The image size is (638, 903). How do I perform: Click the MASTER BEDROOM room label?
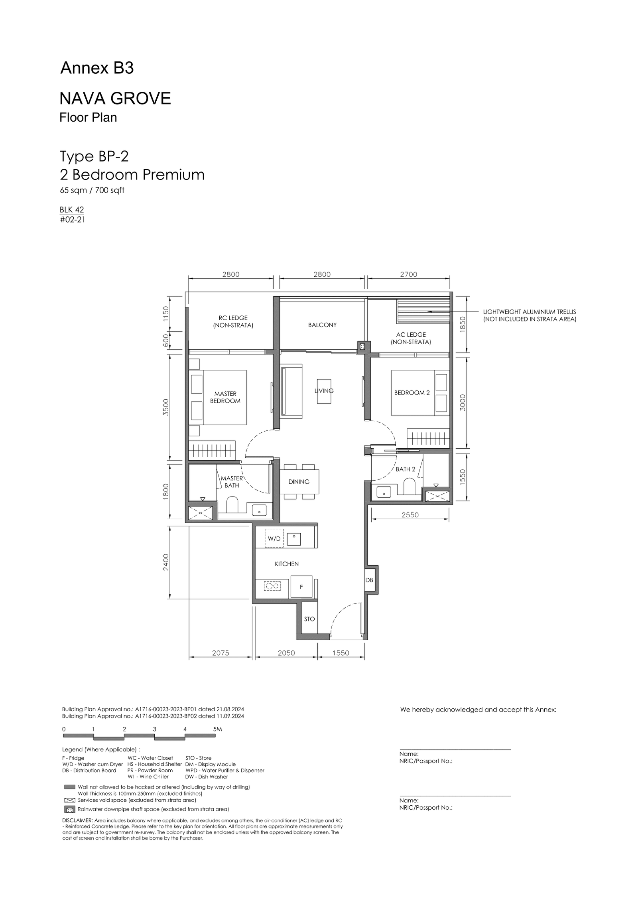click(x=225, y=397)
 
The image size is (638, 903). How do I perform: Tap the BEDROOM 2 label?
click(x=412, y=392)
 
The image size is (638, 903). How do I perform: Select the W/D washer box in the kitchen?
click(x=274, y=538)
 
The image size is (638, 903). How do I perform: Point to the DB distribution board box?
click(x=369, y=580)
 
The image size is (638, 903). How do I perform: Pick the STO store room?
click(x=309, y=619)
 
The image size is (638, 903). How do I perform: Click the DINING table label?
click(x=299, y=482)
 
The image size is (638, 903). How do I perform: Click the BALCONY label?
click(x=322, y=325)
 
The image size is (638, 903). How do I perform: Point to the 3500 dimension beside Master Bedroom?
click(x=166, y=407)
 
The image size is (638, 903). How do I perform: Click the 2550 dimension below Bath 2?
click(x=410, y=515)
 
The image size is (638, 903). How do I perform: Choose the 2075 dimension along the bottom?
click(x=221, y=653)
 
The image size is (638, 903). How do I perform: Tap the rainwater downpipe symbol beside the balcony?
click(x=362, y=347)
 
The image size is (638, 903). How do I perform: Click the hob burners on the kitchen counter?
click(x=272, y=586)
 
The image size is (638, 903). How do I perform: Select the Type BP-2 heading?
click(x=94, y=156)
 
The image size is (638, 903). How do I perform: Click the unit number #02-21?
click(x=73, y=219)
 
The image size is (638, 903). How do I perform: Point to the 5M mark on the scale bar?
click(x=217, y=729)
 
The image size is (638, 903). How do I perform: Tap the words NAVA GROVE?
click(x=115, y=99)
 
